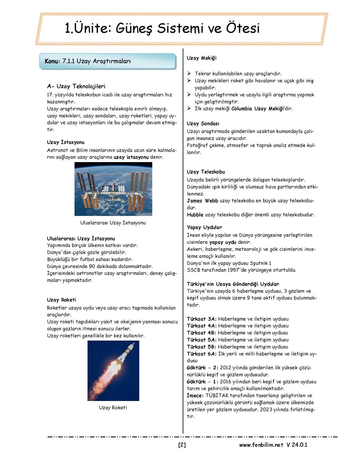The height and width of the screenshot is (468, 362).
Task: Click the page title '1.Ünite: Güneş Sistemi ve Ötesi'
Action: [162, 28]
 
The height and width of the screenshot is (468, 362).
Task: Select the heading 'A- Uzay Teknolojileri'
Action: [76, 86]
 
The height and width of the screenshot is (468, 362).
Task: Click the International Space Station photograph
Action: [113, 189]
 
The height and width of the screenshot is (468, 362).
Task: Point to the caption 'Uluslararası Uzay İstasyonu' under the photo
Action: [113, 223]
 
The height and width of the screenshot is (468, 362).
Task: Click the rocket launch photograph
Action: [113, 371]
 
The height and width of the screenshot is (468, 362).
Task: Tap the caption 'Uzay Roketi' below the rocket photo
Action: [113, 408]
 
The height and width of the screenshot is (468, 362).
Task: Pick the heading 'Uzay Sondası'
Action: [203, 124]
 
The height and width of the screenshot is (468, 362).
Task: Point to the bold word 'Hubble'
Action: [195, 215]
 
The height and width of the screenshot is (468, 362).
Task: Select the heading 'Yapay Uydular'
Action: [204, 227]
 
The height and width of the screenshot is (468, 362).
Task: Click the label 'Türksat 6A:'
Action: [201, 354]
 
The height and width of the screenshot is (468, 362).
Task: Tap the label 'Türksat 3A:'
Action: [201, 319]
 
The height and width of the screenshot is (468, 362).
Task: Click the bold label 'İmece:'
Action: [195, 396]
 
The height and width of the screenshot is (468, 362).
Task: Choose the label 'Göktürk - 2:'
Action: [202, 368]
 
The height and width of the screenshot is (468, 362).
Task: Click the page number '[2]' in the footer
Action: [182, 445]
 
